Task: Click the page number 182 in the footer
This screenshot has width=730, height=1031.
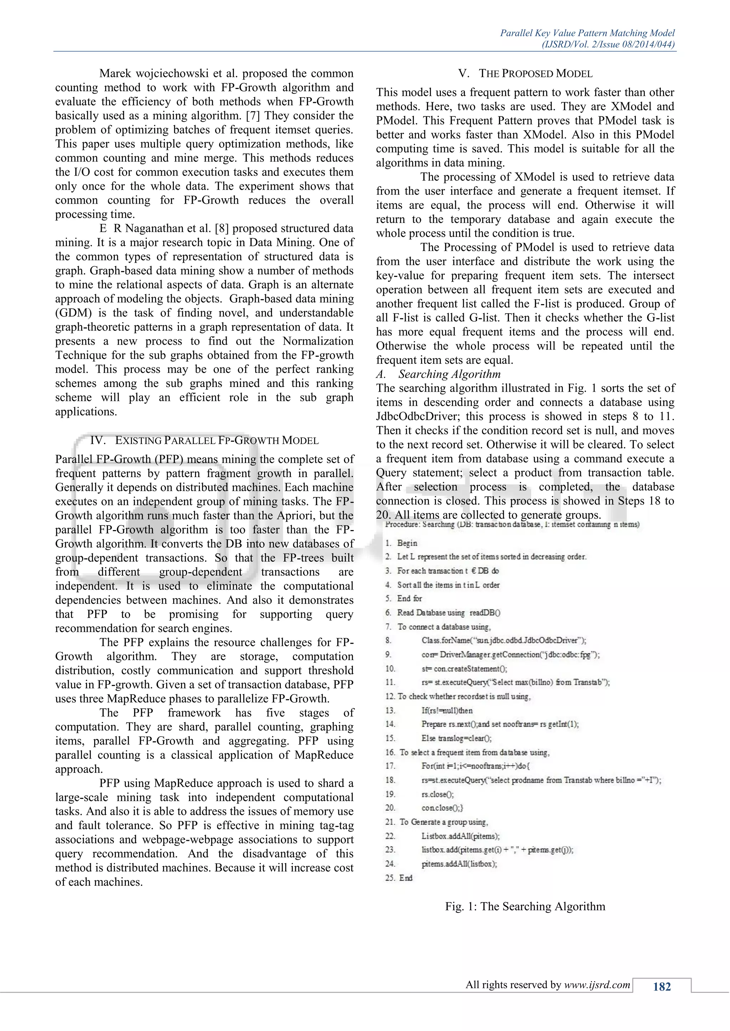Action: [661, 986]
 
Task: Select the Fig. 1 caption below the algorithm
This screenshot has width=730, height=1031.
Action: [525, 906]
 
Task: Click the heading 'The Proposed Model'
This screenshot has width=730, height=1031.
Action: [525, 74]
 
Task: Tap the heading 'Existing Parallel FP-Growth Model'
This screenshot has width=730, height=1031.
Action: [204, 440]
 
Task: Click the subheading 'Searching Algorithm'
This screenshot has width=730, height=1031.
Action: [449, 374]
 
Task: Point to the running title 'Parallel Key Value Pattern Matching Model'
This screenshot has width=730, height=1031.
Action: [587, 33]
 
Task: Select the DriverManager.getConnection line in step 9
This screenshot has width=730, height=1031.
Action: [510, 655]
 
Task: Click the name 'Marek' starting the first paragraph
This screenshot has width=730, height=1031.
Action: [115, 74]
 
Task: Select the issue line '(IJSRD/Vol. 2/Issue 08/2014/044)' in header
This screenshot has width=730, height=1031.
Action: [608, 45]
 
